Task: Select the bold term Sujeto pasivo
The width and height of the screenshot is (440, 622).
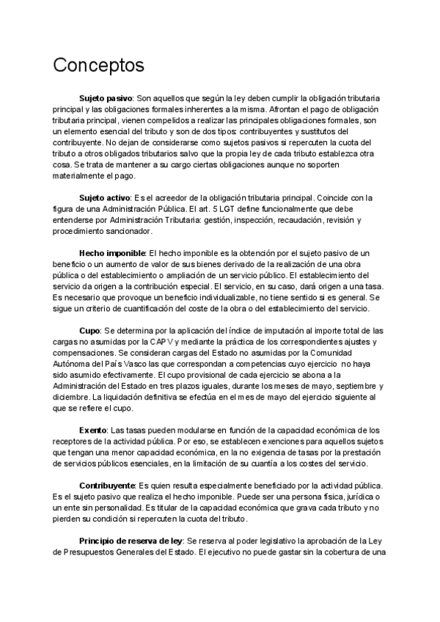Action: pos(106,98)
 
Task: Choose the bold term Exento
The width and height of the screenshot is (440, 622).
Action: pos(93,430)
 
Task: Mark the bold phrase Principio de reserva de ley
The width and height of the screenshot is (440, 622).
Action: pos(131,541)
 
